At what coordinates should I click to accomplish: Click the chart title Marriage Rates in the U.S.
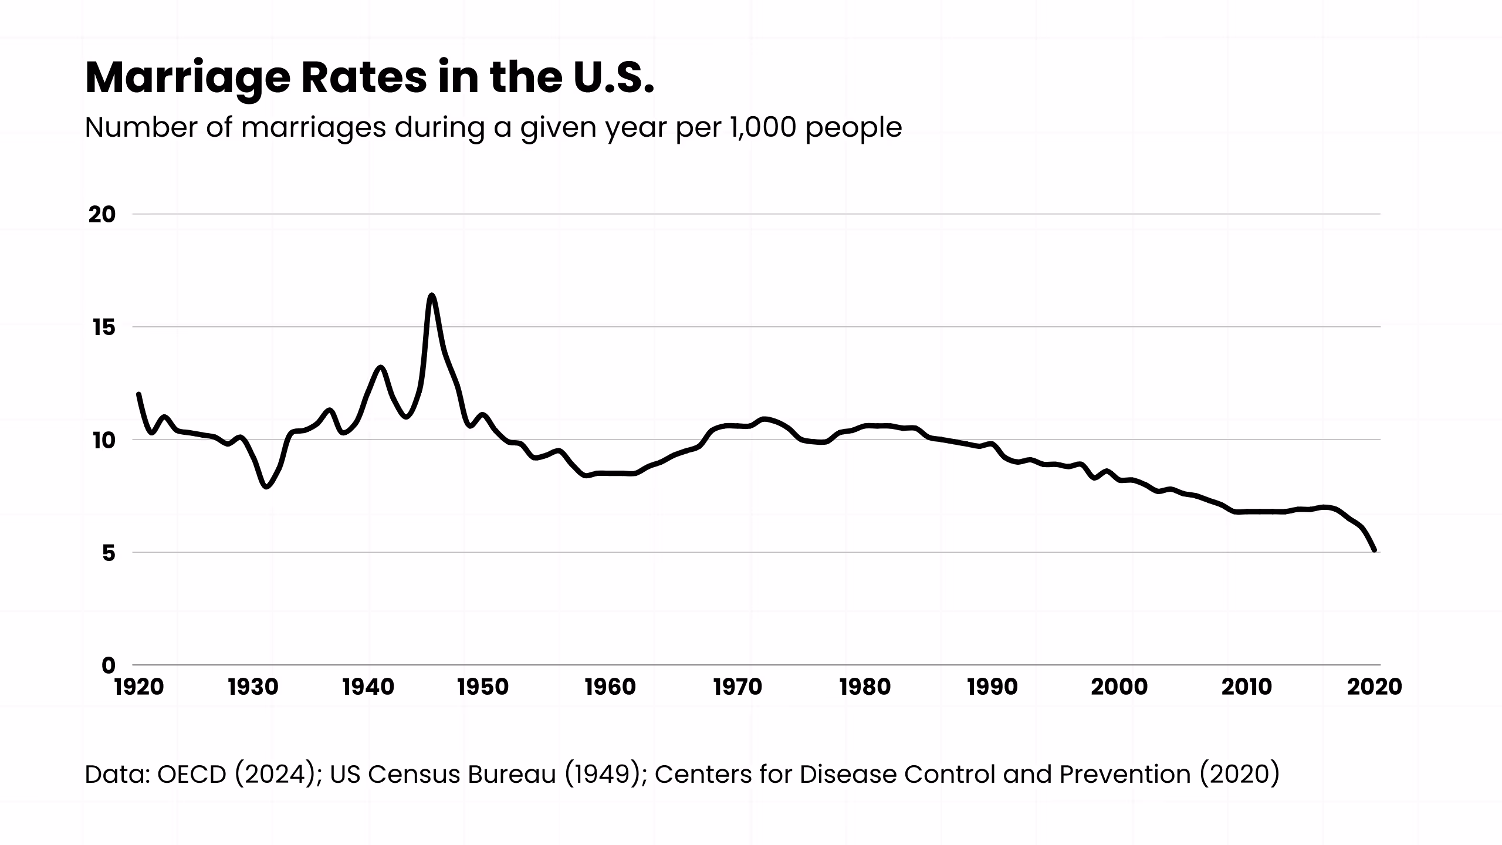(x=369, y=78)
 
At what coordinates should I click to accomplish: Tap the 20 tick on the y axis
(x=102, y=215)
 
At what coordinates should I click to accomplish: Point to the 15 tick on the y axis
(x=103, y=327)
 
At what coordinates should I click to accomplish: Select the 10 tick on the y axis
(x=102, y=440)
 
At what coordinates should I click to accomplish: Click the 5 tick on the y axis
(x=109, y=553)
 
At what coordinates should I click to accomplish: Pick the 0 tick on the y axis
(x=109, y=665)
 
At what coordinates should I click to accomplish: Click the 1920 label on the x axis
(x=139, y=687)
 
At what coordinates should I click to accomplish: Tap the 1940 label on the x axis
(x=368, y=687)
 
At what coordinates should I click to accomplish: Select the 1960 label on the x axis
(x=610, y=687)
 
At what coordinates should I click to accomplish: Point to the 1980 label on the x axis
(x=865, y=687)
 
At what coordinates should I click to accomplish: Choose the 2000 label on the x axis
(x=1119, y=687)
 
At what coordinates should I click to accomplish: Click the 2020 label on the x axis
(x=1374, y=687)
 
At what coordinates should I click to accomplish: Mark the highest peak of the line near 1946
(x=432, y=296)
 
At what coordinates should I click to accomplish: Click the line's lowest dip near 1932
(x=267, y=486)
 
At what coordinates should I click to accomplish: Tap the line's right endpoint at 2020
(x=1375, y=550)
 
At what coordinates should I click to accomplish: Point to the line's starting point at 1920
(x=138, y=394)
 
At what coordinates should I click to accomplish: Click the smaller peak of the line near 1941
(x=381, y=367)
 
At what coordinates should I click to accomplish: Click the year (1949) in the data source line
(x=605, y=775)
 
